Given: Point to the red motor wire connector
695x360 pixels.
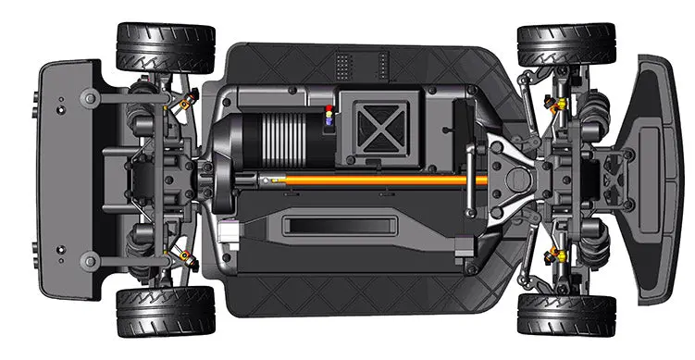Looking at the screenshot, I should tap(327, 110).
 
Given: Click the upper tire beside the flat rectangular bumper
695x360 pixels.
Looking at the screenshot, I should tap(165, 46).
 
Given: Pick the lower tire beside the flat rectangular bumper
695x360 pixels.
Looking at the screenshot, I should tap(165, 311).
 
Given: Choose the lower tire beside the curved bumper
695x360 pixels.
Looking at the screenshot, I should tap(566, 315).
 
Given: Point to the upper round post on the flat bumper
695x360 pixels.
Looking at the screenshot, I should tap(90, 96).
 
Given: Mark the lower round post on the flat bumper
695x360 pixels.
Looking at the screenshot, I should tap(90, 260).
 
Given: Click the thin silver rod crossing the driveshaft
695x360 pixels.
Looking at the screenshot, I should tap(470, 180).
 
